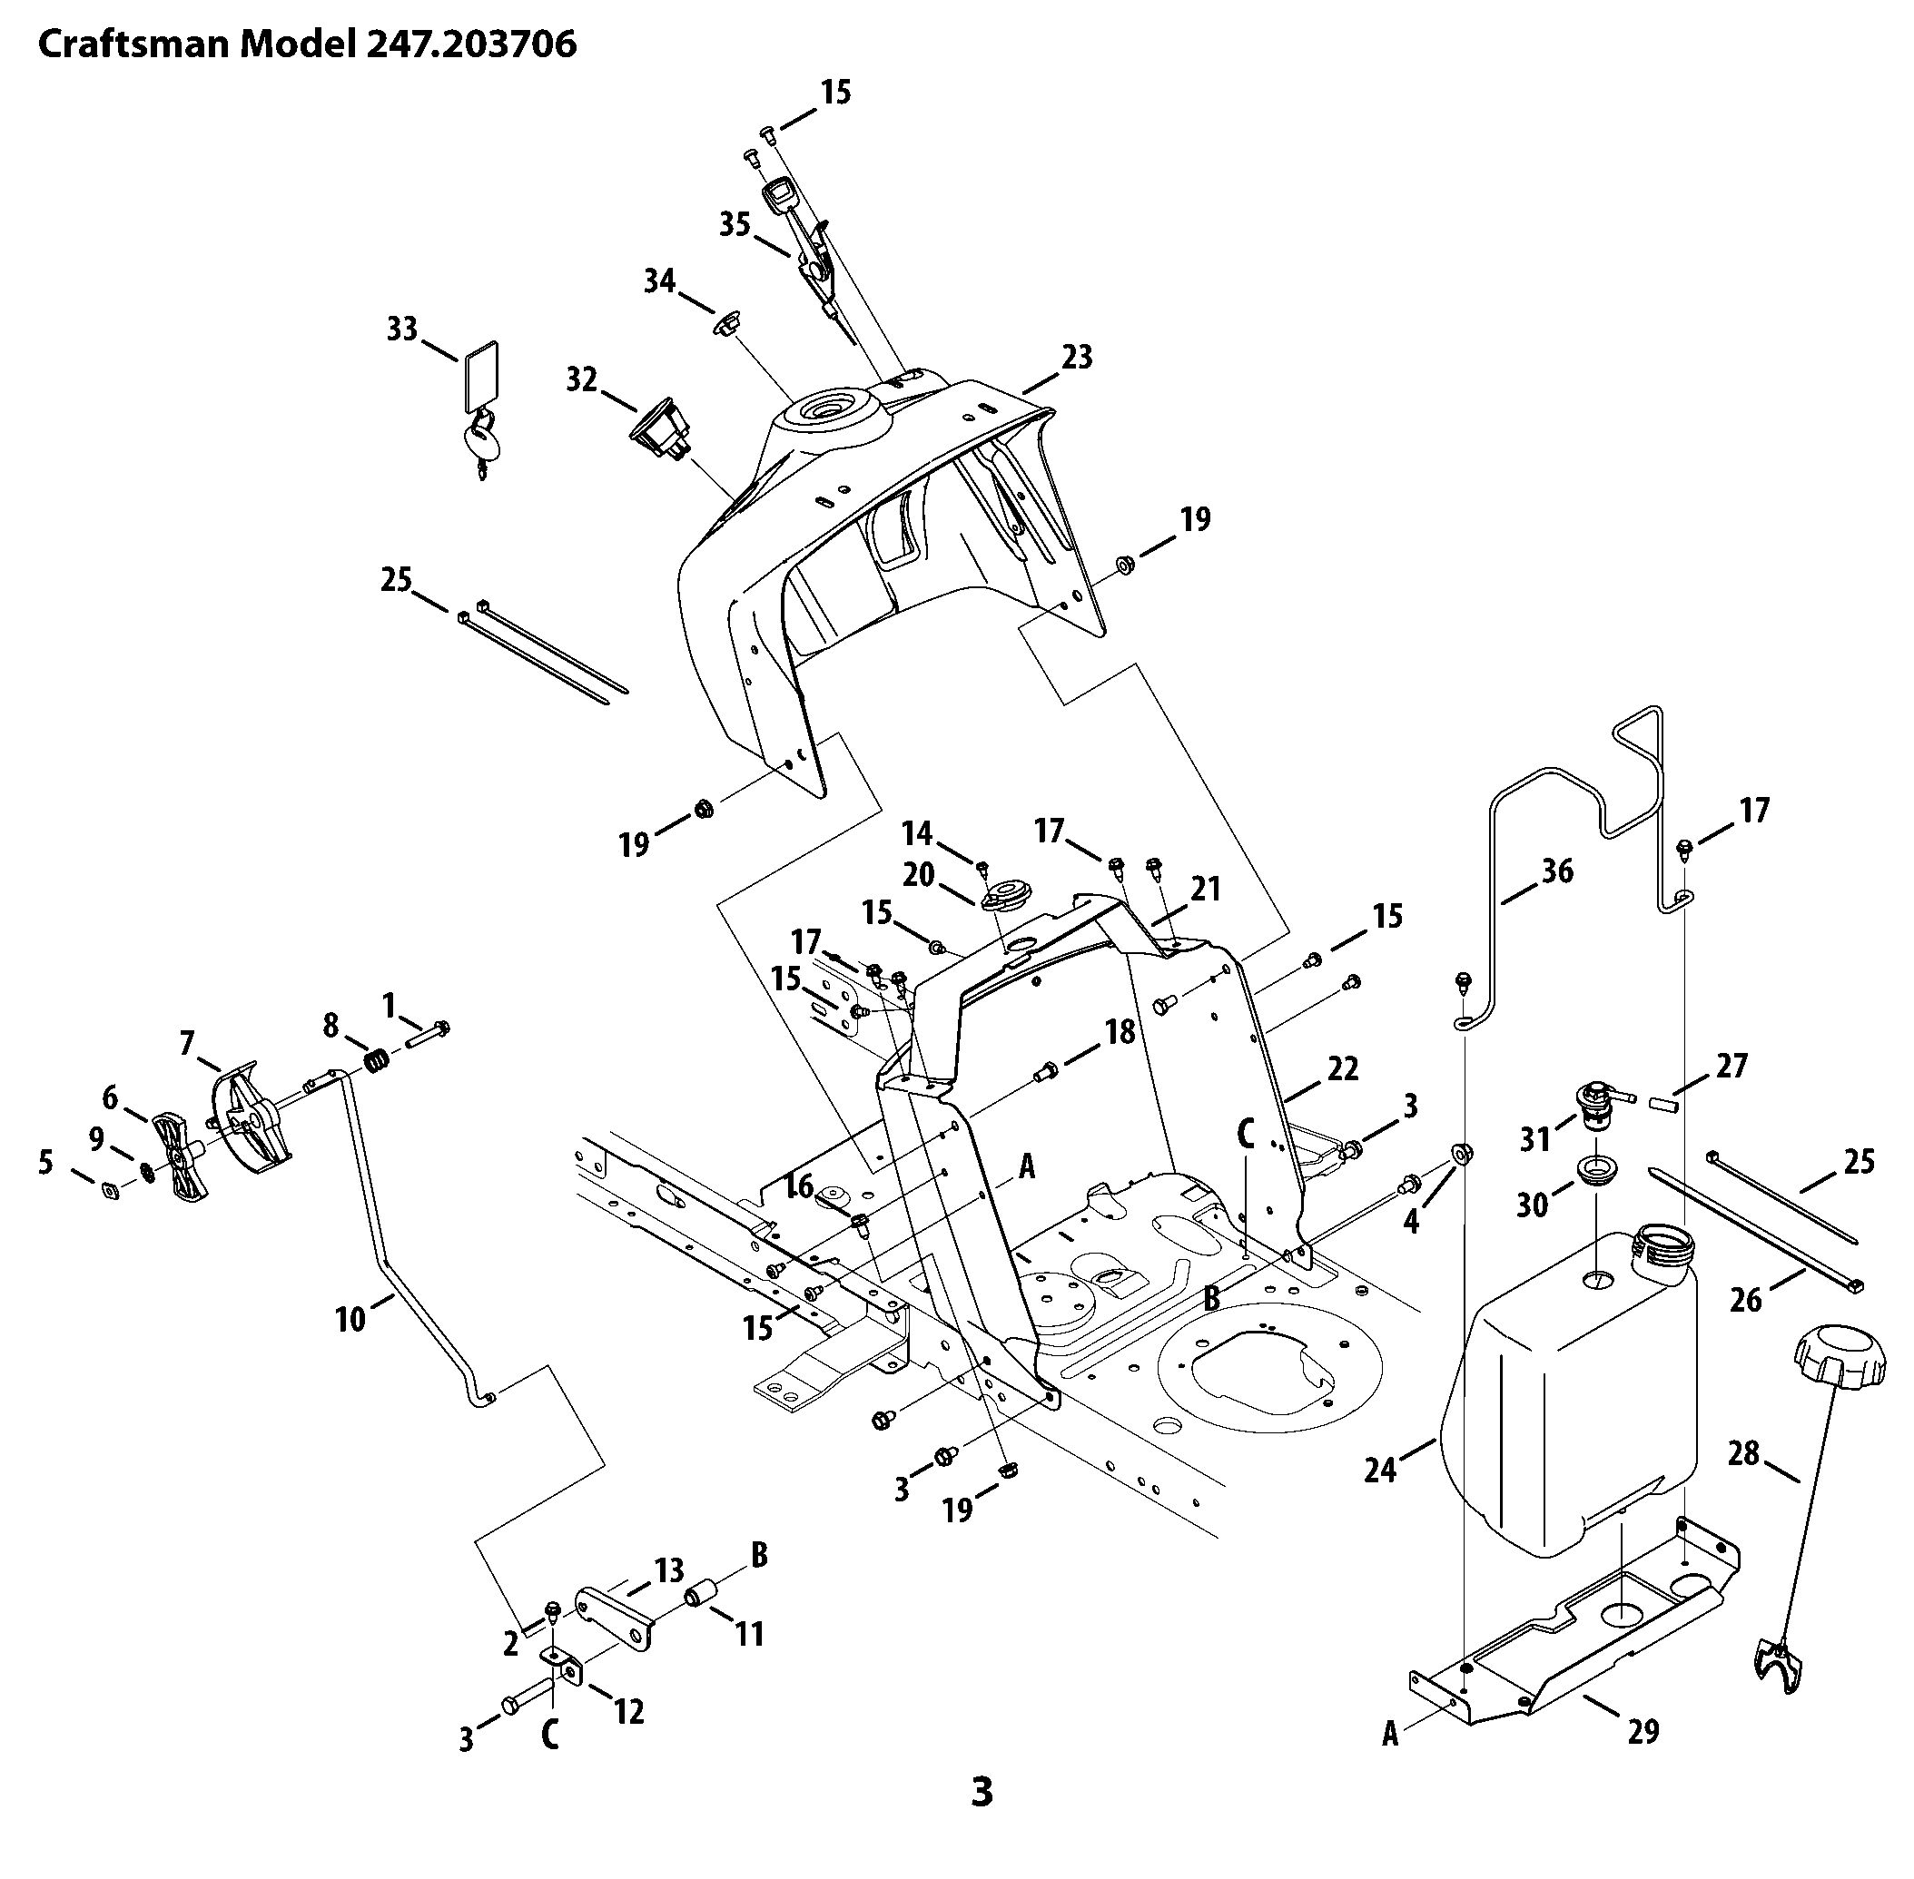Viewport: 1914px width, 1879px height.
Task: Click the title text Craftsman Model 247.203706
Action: (x=306, y=44)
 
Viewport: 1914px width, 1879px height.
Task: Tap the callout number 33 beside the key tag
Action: (x=401, y=329)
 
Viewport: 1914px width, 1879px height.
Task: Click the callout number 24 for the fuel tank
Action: (x=1381, y=1471)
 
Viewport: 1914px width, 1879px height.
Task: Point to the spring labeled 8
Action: (x=375, y=1060)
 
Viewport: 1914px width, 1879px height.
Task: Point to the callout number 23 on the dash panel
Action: (x=1077, y=356)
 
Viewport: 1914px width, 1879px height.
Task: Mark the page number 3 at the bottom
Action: (x=982, y=1791)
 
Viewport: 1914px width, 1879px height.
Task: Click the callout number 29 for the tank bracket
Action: (x=1643, y=1730)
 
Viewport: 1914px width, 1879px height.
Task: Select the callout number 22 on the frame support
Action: (x=1343, y=1067)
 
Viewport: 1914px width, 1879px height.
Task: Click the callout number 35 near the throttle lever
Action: (x=735, y=225)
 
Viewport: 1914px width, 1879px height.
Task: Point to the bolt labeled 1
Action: (x=428, y=1032)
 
